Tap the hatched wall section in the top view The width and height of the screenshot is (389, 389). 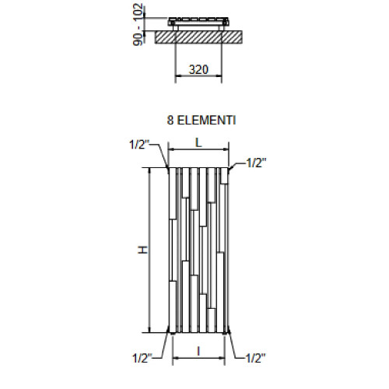coord(200,37)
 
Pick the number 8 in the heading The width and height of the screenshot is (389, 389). coord(170,121)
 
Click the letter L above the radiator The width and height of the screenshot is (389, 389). coord(199,142)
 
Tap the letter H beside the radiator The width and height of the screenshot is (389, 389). coord(142,250)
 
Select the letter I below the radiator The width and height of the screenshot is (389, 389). coord(199,352)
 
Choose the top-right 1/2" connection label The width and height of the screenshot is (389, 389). coord(257,163)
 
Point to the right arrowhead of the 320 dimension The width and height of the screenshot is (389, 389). coord(223,78)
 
